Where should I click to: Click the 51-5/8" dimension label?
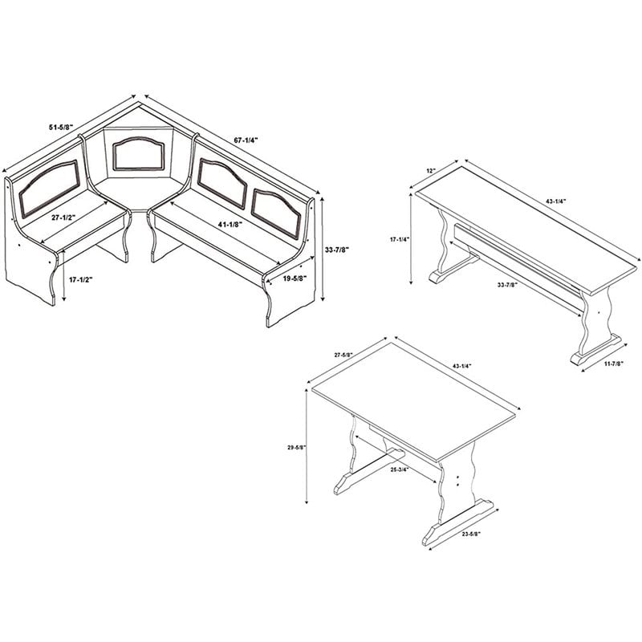pos(61,128)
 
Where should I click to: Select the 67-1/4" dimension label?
pos(246,140)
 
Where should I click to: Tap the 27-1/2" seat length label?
pos(64,217)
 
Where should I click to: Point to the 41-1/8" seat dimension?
pos(230,225)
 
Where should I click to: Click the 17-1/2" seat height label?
pos(81,280)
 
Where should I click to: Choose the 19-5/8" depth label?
pos(295,278)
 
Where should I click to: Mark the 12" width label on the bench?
pos(431,171)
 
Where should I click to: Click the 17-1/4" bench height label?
pos(400,240)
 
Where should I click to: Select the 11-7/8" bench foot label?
pos(612,363)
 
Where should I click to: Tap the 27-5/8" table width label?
pos(343,356)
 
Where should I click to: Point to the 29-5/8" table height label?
pos(297,448)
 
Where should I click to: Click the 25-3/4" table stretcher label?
pos(399,470)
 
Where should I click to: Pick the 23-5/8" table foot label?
pos(471,534)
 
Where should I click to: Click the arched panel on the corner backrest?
pos(139,154)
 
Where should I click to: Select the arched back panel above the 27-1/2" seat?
pos(49,189)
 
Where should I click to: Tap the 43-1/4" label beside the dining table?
pos(462,365)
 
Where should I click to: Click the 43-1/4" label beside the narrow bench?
pos(555,201)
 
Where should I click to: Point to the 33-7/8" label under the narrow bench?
pos(507,285)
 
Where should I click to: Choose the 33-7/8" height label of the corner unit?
pos(337,250)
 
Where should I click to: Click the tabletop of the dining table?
pos(413,400)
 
